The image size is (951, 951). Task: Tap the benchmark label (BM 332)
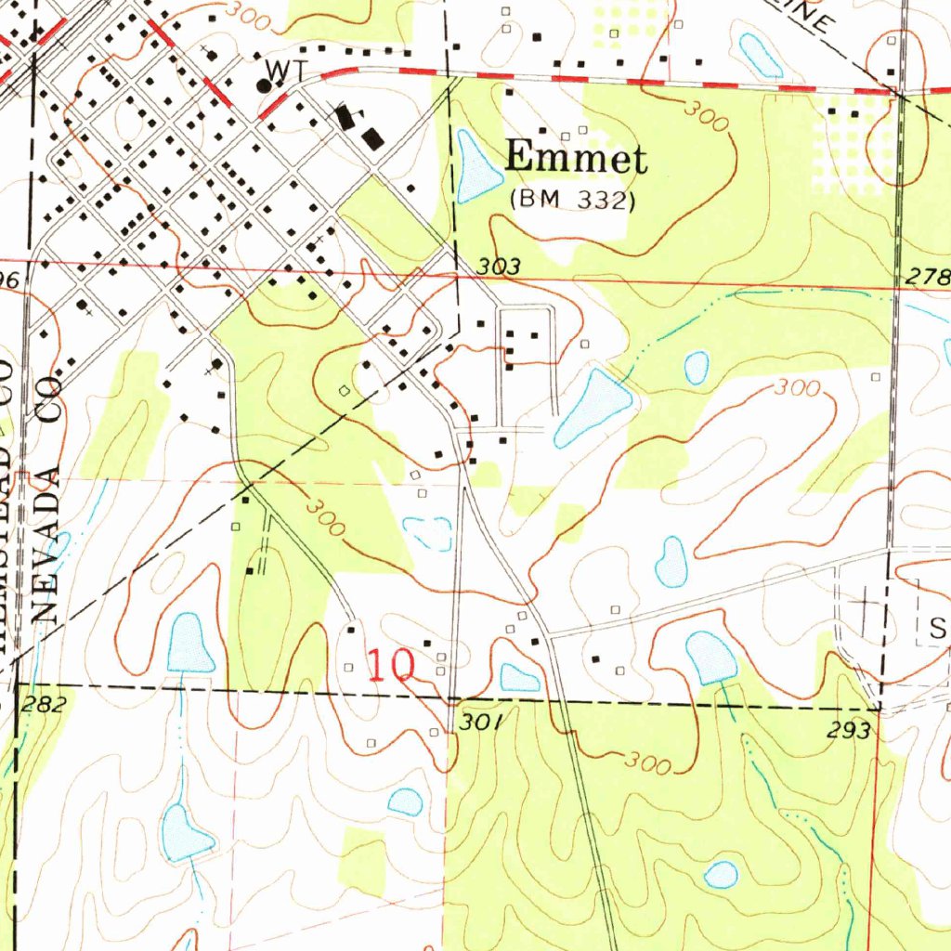coord(572,200)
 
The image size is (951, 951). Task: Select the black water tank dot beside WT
coord(264,85)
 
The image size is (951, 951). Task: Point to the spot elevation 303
coord(498,267)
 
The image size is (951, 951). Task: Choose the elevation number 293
coord(849,731)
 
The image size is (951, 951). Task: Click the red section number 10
coord(391,667)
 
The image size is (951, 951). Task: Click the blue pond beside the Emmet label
coord(476,168)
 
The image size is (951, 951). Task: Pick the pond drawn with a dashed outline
coord(428,532)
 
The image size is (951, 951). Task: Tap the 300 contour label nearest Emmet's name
coord(705,115)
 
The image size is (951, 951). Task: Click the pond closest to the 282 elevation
coord(189,644)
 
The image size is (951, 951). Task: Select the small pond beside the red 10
coord(519,678)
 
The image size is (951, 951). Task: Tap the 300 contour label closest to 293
coord(647,763)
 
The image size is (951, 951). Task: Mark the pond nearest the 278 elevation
coord(697,368)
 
